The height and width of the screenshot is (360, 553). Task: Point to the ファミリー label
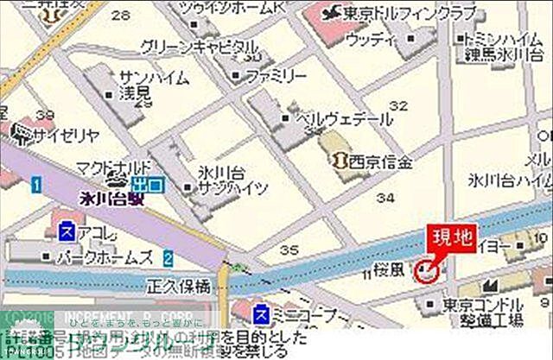(x=276, y=76)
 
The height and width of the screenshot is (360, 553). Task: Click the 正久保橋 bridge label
(x=181, y=284)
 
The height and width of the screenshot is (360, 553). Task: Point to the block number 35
(x=289, y=249)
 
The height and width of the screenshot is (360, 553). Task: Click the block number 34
(x=376, y=199)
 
